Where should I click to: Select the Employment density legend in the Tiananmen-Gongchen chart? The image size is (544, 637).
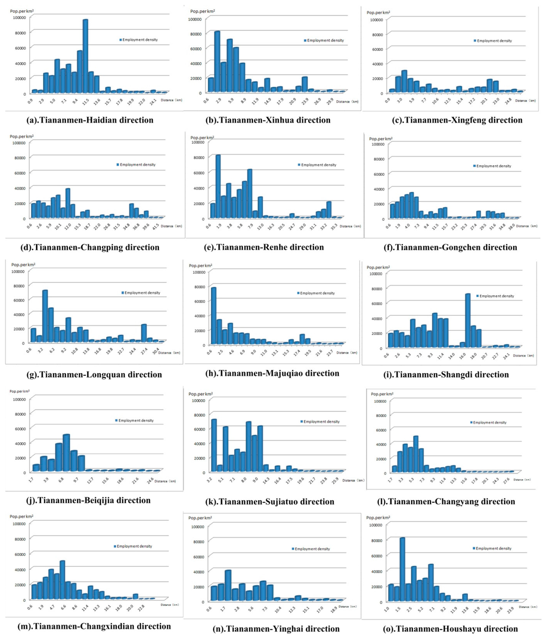(x=492, y=166)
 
